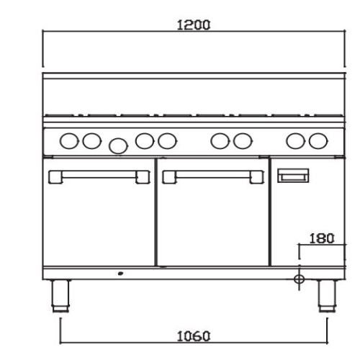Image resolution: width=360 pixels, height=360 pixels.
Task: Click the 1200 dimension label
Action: pyautogui.click(x=193, y=24)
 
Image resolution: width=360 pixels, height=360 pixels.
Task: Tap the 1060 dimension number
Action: pyautogui.click(x=193, y=335)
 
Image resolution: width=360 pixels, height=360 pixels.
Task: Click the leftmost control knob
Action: pyautogui.click(x=69, y=141)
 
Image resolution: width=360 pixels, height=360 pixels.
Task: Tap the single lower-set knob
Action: pyautogui.click(x=117, y=146)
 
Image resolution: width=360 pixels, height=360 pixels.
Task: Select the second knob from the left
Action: pyautogui.click(x=91, y=141)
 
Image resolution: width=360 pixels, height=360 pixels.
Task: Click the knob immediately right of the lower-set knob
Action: pyautogui.click(x=144, y=141)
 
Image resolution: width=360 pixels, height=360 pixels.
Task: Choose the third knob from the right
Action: pyautogui.click(x=243, y=141)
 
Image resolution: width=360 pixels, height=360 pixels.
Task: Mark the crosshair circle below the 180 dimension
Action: pyautogui.click(x=300, y=278)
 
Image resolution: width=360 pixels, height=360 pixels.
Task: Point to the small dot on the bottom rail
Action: pyautogui.click(x=120, y=274)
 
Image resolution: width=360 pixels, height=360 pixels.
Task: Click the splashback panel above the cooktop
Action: pyautogui.click(x=193, y=94)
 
